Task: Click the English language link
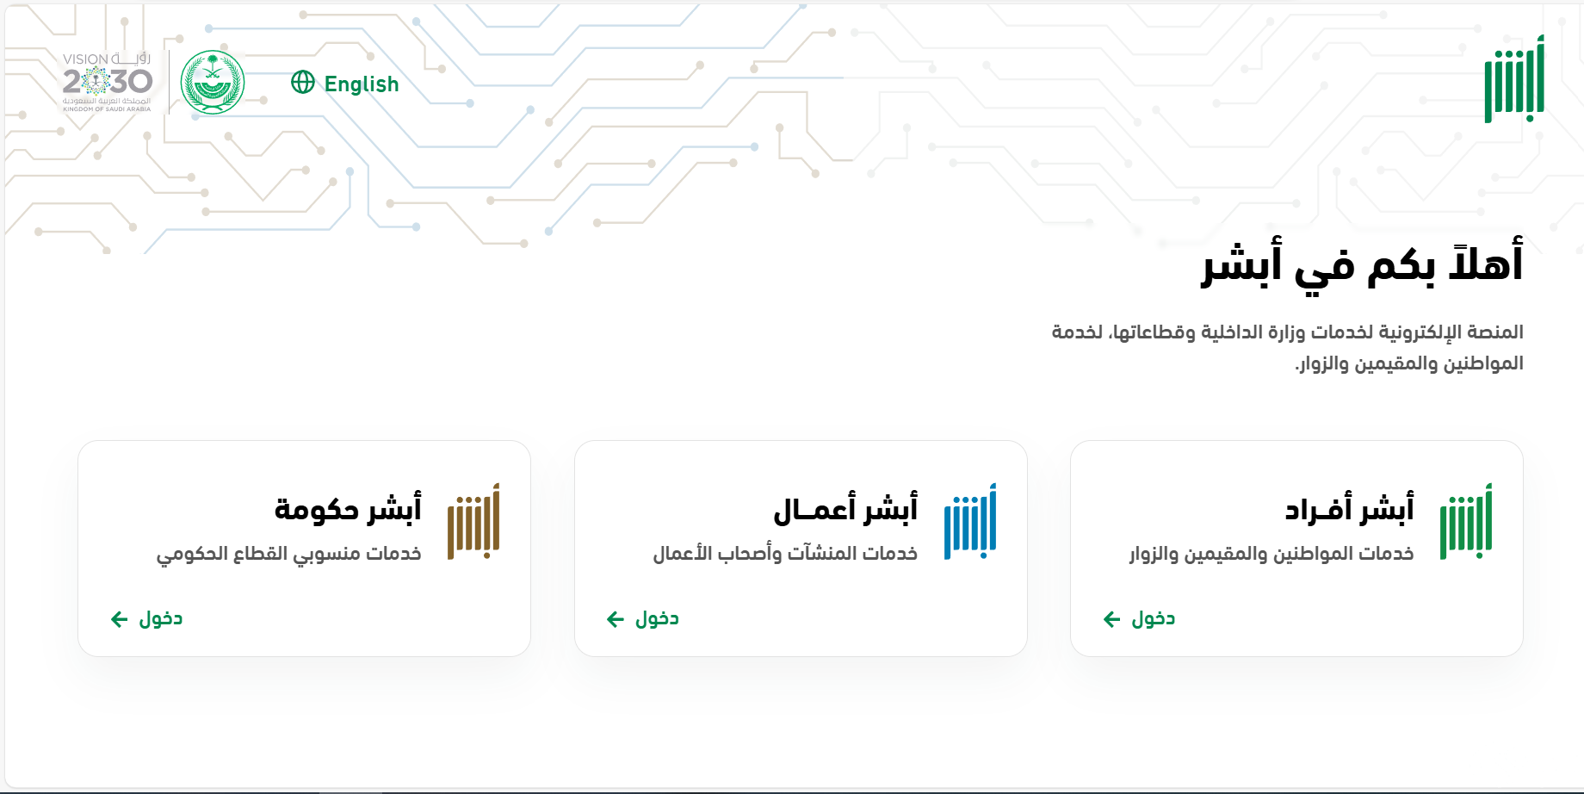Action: (x=362, y=84)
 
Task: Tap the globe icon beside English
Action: (x=303, y=82)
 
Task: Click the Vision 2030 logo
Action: (x=107, y=83)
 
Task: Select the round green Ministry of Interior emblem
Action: (x=213, y=83)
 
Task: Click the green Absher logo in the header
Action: (x=1514, y=79)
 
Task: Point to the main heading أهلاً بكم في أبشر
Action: (x=1363, y=263)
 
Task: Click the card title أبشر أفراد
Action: (x=1350, y=509)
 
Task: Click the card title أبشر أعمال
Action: (x=845, y=509)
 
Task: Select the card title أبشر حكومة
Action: (x=348, y=509)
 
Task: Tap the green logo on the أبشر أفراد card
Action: (x=1466, y=522)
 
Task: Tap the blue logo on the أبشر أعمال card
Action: (x=970, y=522)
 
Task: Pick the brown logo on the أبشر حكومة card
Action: (x=473, y=522)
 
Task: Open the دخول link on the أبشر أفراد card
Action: (x=1153, y=618)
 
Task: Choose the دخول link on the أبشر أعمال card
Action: (x=657, y=618)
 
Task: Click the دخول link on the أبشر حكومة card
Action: (x=161, y=618)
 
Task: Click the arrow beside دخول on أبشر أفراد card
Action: (x=1112, y=619)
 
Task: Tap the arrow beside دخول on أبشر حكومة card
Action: (x=120, y=619)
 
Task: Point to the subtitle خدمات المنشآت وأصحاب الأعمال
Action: (x=785, y=553)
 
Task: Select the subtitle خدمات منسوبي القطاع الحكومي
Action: (x=289, y=554)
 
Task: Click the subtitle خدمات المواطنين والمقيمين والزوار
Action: (x=1272, y=554)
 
